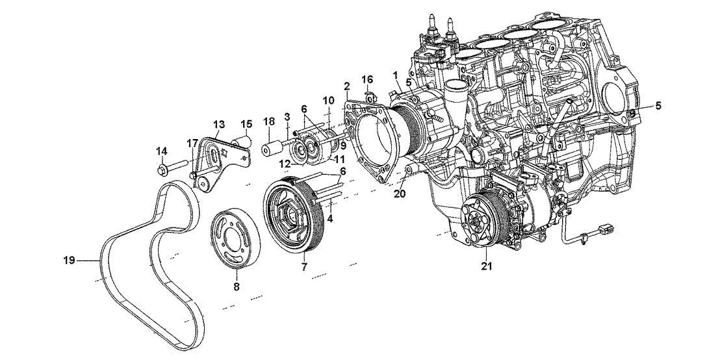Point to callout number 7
click(303, 267)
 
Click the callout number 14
click(162, 151)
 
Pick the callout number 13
click(218, 123)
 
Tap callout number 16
click(368, 79)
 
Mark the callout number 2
click(347, 86)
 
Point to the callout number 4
click(330, 219)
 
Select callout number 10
click(328, 101)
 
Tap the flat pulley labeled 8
click(237, 233)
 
